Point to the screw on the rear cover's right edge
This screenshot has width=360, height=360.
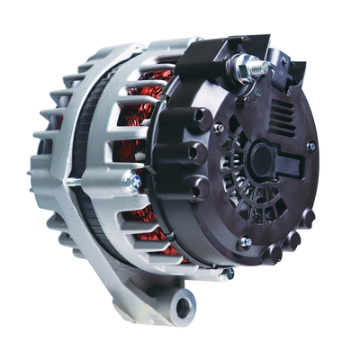[311, 146]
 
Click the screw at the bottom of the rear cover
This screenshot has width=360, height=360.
[245, 241]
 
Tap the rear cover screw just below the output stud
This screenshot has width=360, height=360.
[219, 129]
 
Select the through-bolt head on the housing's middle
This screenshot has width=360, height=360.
[132, 183]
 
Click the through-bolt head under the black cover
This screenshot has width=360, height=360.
[229, 273]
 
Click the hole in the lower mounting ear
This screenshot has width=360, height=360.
[184, 307]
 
